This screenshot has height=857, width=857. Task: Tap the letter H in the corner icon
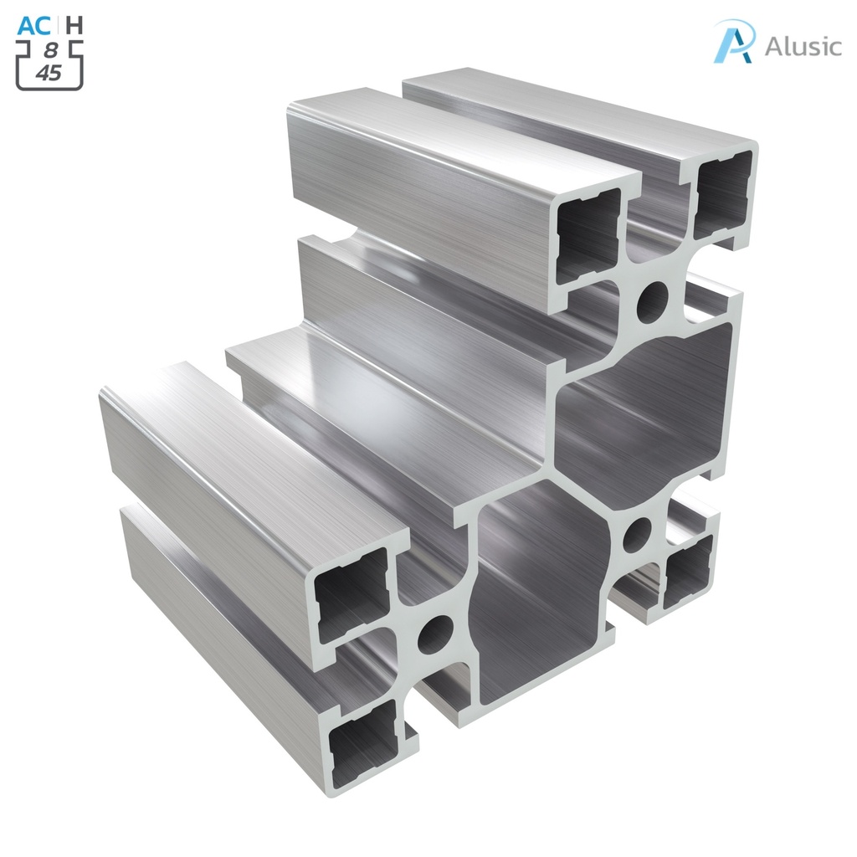coord(74,25)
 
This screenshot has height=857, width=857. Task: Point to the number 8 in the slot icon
coord(51,50)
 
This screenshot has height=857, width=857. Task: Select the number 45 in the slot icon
coord(49,73)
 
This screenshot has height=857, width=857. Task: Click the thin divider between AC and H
coord(59,25)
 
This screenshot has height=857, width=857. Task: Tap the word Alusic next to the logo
coord(803,46)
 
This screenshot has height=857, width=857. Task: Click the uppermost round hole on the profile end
coord(653,302)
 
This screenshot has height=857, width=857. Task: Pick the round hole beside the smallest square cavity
coord(638,533)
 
